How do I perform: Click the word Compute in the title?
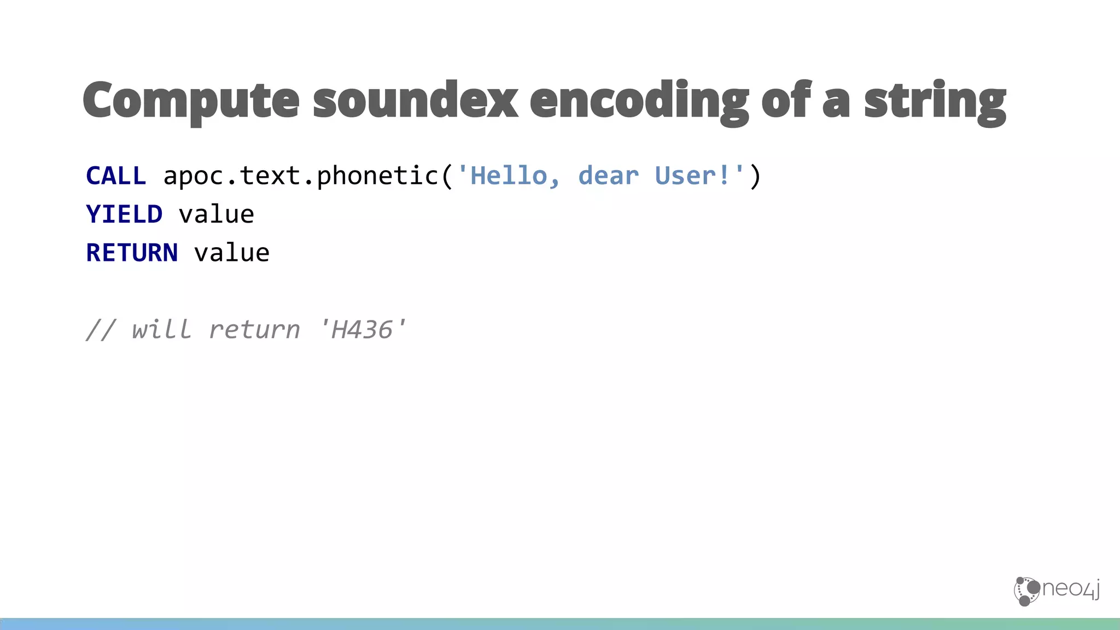pos(191,101)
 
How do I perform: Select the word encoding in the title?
pos(639,101)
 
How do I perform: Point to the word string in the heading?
pos(935,101)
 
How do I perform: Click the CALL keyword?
pos(116,176)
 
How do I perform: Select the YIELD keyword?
pos(124,214)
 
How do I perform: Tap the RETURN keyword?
pos(132,253)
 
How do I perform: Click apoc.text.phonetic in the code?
pos(301,176)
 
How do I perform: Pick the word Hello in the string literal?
pos(509,176)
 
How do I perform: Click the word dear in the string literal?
pos(608,176)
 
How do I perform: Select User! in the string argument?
pos(692,176)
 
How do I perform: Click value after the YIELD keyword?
pos(217,214)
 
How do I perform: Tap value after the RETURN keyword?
pos(232,253)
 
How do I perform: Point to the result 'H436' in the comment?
pos(362,330)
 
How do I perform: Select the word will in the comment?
pos(162,330)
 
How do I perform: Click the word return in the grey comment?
pos(254,330)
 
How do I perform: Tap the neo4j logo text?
pos(1071,589)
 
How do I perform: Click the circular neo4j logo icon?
pos(1026,591)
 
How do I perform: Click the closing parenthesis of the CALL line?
pos(755,176)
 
